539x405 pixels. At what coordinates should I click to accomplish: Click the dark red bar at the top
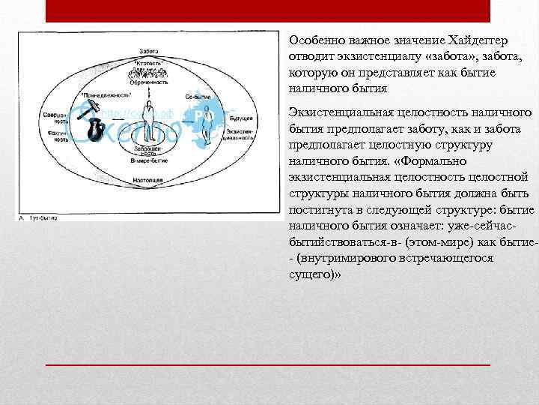(268, 10)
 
